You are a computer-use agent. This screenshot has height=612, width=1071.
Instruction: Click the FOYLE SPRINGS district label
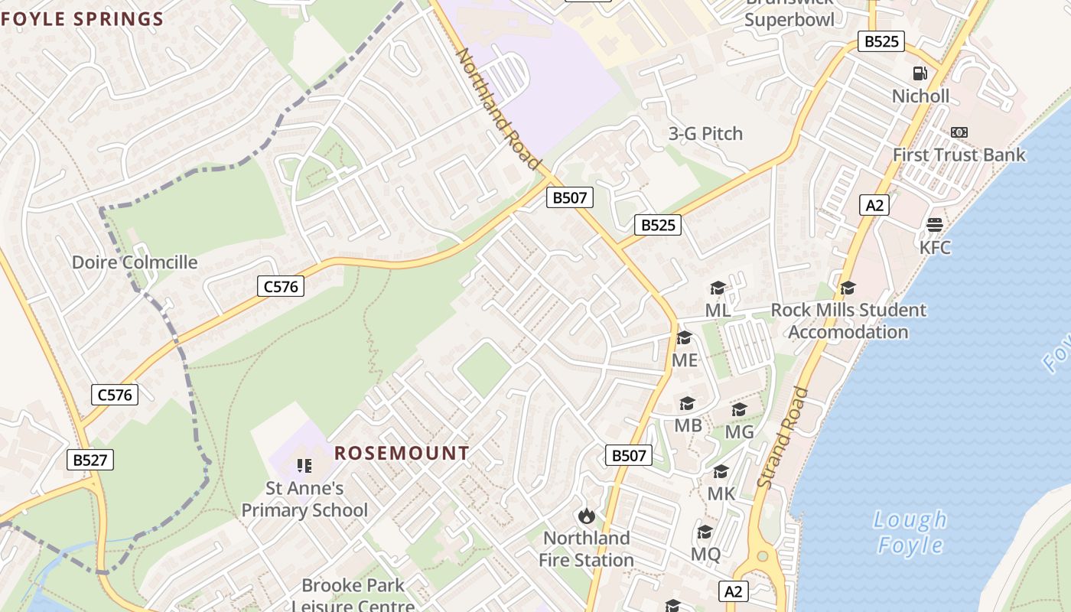(83, 19)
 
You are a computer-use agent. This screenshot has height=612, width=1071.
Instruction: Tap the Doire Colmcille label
(135, 262)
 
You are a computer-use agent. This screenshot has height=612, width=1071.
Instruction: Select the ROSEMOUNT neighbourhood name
(402, 453)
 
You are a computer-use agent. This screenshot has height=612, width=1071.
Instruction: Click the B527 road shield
(90, 460)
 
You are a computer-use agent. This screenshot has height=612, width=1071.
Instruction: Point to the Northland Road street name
(498, 109)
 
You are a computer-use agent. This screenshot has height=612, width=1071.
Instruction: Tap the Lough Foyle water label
(910, 532)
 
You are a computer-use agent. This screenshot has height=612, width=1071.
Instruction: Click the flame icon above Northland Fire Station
(587, 516)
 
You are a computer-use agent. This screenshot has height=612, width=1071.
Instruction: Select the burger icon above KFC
(934, 225)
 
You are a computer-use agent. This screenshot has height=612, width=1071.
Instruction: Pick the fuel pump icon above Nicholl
(920, 73)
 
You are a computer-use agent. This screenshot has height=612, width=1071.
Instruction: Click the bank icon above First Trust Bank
(959, 132)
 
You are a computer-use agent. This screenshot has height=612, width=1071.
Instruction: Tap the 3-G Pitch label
(705, 134)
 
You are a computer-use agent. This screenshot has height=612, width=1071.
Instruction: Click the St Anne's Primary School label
(304, 499)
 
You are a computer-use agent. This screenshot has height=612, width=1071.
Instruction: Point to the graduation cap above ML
(718, 288)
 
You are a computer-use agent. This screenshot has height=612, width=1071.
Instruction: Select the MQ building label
(705, 554)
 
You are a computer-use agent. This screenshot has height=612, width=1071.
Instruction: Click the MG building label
(739, 432)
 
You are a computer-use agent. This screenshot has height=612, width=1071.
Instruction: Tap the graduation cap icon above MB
(687, 403)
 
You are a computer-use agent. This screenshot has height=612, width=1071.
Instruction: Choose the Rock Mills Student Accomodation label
(848, 321)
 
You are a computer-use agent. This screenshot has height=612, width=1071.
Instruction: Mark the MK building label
(721, 493)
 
